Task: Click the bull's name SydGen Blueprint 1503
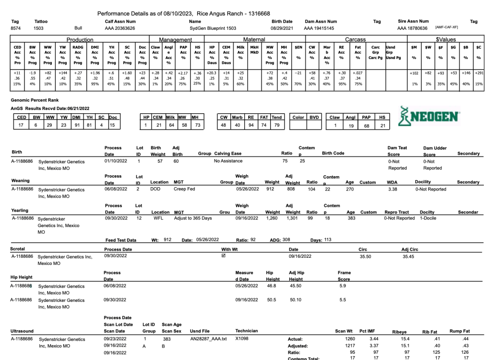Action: tap(212, 28)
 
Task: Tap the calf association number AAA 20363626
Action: tap(120, 28)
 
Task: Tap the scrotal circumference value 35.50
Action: tap(366, 256)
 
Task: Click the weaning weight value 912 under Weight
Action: tap(272, 189)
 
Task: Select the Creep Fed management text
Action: tap(182, 189)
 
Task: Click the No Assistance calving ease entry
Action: tap(228, 161)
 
